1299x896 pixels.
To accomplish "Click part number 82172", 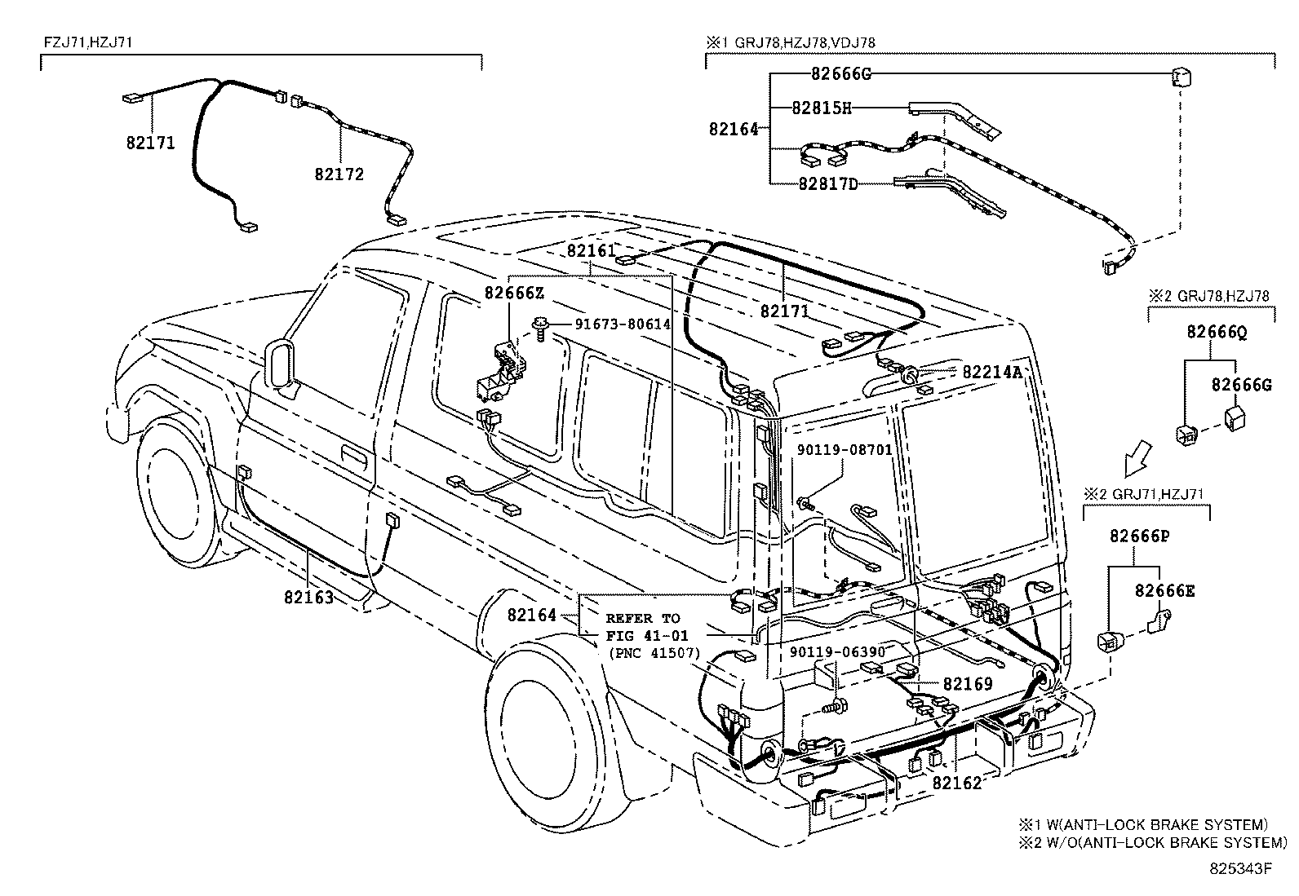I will tap(339, 174).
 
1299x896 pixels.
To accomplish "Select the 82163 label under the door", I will tap(308, 597).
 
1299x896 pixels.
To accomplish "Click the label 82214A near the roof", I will tap(991, 372).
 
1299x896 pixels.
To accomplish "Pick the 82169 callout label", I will tap(968, 683).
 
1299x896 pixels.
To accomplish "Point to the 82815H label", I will tap(821, 108).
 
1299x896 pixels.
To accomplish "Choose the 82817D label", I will tap(827, 183).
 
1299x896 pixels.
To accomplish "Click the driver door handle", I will tap(352, 456).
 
